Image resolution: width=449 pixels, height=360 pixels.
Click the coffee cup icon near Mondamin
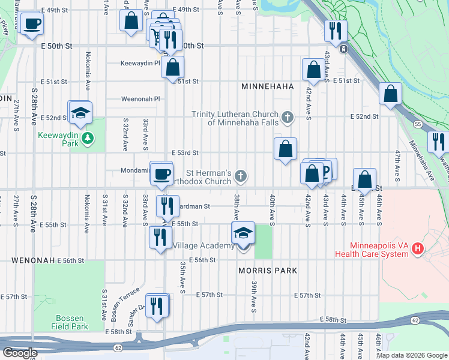pyautogui.click(x=160, y=174)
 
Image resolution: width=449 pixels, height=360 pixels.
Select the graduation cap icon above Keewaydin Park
pyautogui.click(x=79, y=113)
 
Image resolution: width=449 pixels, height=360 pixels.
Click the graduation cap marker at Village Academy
pyautogui.click(x=243, y=234)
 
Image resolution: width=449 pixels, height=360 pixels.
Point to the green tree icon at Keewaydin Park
pyautogui.click(x=88, y=139)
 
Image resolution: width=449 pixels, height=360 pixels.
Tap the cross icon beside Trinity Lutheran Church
pyautogui.click(x=288, y=116)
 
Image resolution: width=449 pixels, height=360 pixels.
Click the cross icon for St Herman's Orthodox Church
pyautogui.click(x=240, y=176)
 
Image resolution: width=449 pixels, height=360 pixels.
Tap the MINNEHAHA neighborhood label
pyautogui.click(x=267, y=86)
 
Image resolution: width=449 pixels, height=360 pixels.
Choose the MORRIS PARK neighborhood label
pyautogui.click(x=268, y=271)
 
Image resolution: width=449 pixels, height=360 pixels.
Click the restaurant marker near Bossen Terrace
pyautogui.click(x=157, y=306)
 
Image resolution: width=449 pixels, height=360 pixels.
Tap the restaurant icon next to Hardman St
pyautogui.click(x=167, y=206)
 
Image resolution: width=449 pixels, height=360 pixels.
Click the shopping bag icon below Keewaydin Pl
pyautogui.click(x=172, y=67)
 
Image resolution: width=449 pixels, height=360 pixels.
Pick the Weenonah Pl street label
pyautogui.click(x=141, y=99)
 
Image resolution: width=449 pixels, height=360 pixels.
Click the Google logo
pyautogui.click(x=20, y=353)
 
